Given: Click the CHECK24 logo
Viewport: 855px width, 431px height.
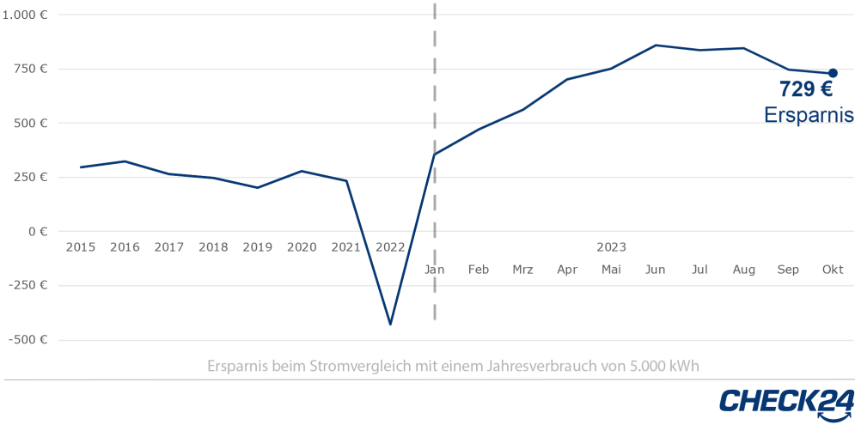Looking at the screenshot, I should coord(786,403).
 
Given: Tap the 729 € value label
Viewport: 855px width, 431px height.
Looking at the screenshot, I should coord(805,89).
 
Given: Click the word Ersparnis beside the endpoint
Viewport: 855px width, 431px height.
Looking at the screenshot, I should coord(809,115).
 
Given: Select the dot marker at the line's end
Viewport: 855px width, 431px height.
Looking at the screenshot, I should coord(833,73).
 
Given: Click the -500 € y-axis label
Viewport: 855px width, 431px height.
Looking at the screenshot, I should coord(28,340).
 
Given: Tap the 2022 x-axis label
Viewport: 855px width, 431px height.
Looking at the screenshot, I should coord(390,247).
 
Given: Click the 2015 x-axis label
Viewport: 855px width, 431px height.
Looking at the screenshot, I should coord(81,247).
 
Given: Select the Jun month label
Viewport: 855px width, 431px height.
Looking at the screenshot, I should coord(656,270).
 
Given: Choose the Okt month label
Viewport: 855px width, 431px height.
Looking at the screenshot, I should coord(833,270).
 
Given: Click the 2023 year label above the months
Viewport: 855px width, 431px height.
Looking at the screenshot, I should coord(611,247).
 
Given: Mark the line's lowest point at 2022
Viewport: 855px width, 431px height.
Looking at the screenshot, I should coord(391,324).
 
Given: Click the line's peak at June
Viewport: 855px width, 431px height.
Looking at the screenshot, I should coord(656,45).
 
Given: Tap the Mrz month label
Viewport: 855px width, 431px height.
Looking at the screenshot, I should coord(522,270).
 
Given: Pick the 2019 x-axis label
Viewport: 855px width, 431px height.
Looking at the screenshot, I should coord(258,247).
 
